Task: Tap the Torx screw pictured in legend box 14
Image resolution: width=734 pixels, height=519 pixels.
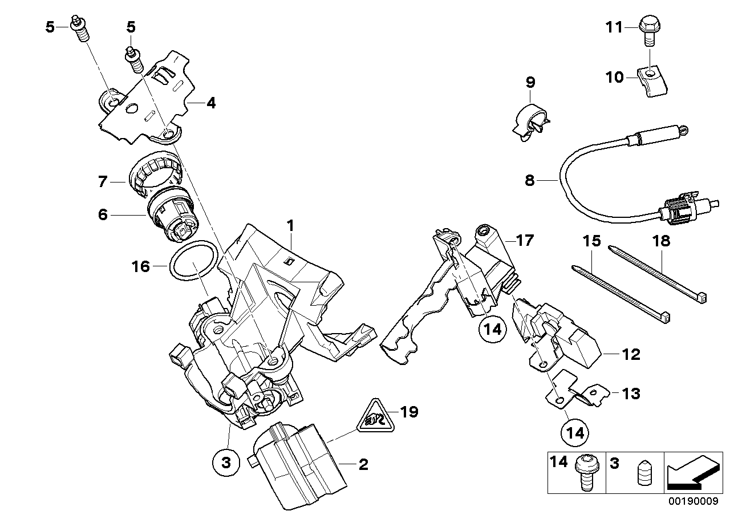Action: (x=584, y=471)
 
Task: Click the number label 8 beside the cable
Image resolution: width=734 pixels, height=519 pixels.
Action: (x=530, y=181)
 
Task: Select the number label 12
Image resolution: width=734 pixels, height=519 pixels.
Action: (x=631, y=355)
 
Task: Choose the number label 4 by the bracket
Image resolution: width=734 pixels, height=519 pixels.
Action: (x=210, y=104)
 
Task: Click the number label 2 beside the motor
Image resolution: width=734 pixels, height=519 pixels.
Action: (x=363, y=465)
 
